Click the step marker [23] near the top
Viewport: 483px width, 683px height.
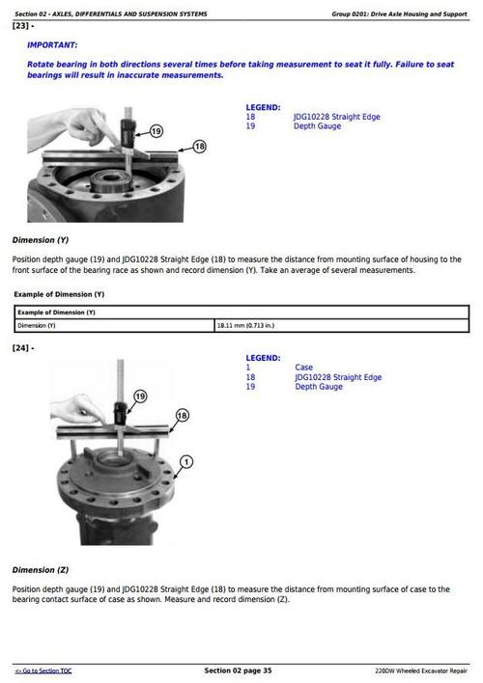[x=23, y=26]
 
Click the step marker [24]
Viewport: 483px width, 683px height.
[x=23, y=347]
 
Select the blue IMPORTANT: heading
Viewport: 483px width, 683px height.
[x=53, y=45]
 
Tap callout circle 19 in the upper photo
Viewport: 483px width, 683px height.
[x=156, y=130]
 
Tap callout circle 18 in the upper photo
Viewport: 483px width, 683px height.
[x=199, y=147]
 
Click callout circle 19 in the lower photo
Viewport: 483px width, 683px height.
[x=139, y=396]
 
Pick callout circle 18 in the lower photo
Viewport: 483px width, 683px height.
[x=182, y=416]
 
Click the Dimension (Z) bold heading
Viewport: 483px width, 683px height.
[x=41, y=570]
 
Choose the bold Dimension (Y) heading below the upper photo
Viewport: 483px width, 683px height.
[x=41, y=239]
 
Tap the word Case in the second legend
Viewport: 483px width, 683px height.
[x=303, y=368]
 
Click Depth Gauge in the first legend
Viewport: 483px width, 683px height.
[x=318, y=126]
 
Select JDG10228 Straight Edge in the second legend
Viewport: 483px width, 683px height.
[x=338, y=377]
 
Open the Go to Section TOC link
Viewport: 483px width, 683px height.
[x=43, y=670]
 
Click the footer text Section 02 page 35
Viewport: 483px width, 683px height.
[x=238, y=670]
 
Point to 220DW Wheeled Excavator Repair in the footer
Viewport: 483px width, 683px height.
[x=421, y=670]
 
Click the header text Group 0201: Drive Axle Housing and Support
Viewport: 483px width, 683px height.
[x=399, y=14]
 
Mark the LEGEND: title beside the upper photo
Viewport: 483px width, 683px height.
[x=263, y=107]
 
